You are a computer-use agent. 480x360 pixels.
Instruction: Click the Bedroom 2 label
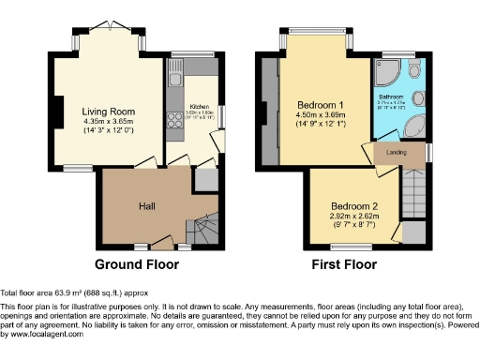353,206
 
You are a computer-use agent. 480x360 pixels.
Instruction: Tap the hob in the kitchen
173,120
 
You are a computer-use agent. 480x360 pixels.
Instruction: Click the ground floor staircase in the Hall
200,228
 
